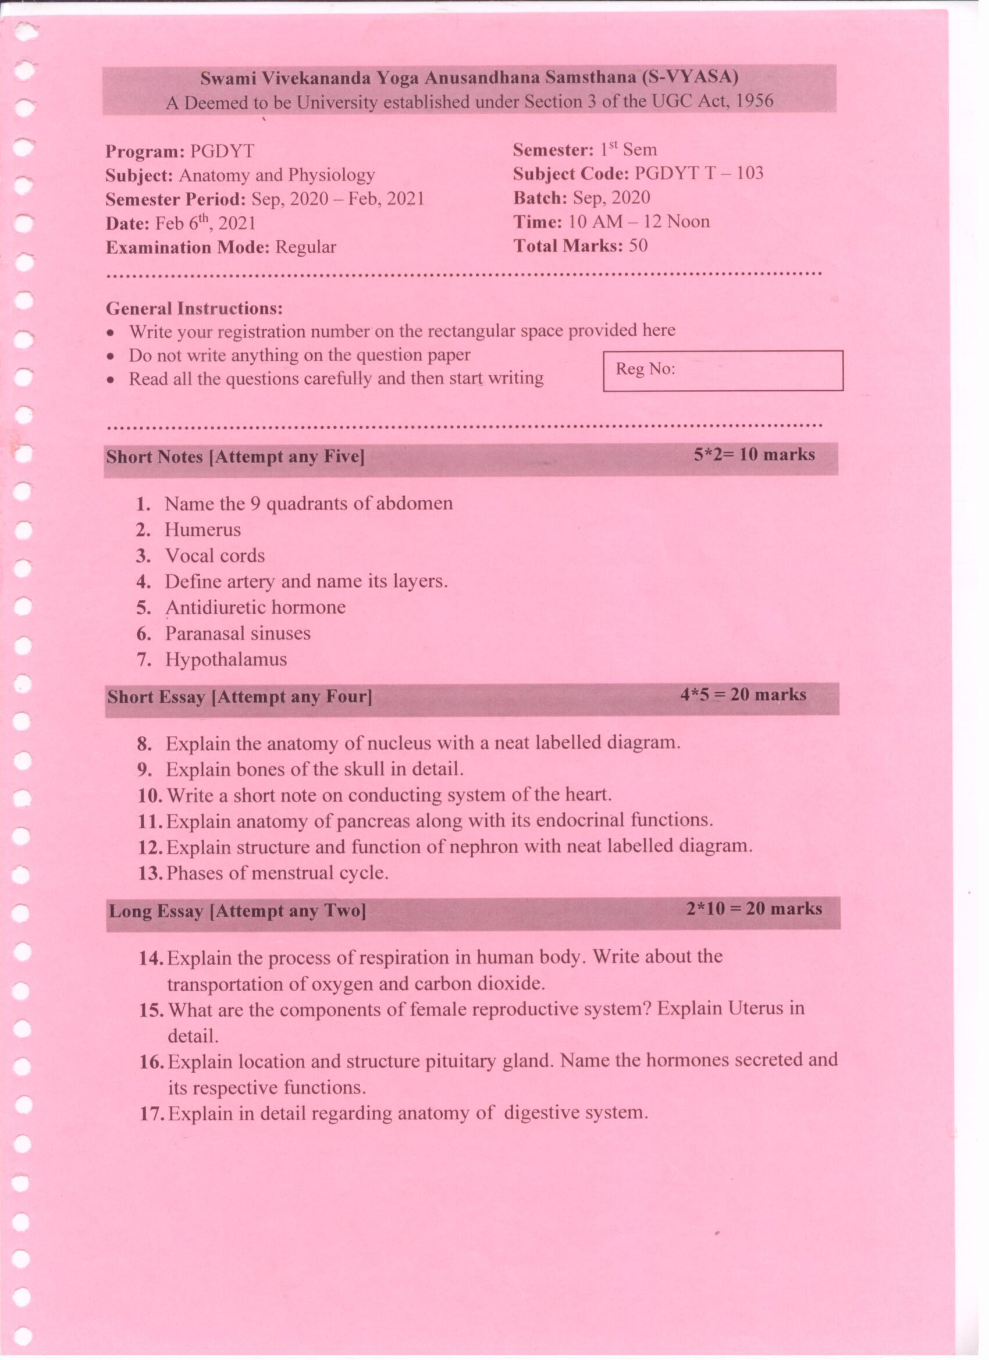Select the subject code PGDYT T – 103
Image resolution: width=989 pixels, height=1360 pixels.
(699, 173)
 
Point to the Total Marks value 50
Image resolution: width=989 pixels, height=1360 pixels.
(638, 245)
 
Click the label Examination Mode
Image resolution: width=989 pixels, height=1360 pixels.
(188, 247)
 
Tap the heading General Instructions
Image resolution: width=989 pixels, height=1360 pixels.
(194, 308)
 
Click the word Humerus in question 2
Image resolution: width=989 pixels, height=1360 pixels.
(202, 529)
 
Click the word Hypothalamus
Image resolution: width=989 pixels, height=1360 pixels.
(226, 660)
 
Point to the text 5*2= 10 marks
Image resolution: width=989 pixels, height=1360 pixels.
(754, 454)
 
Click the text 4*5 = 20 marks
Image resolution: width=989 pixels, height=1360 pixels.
(743, 695)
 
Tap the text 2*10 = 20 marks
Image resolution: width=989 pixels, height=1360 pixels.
(754, 909)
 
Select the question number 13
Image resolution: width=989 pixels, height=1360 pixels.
(150, 873)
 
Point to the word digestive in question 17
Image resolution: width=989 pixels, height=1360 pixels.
(541, 1113)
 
